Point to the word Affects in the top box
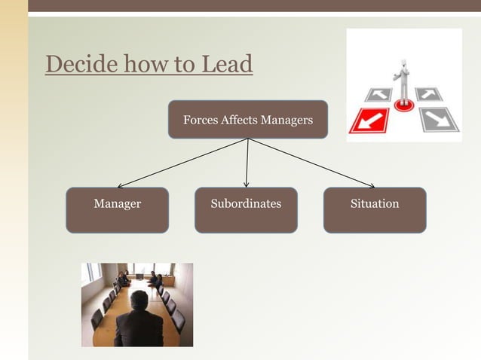click(x=239, y=120)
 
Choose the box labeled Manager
click(x=117, y=210)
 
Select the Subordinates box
click(x=246, y=210)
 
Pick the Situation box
click(x=375, y=210)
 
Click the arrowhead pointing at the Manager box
click(x=121, y=185)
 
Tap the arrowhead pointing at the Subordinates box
click(x=247, y=184)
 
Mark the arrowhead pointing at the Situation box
click(x=370, y=185)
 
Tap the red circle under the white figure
click(x=404, y=105)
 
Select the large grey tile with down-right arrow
click(x=439, y=119)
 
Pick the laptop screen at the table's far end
click(x=139, y=276)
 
